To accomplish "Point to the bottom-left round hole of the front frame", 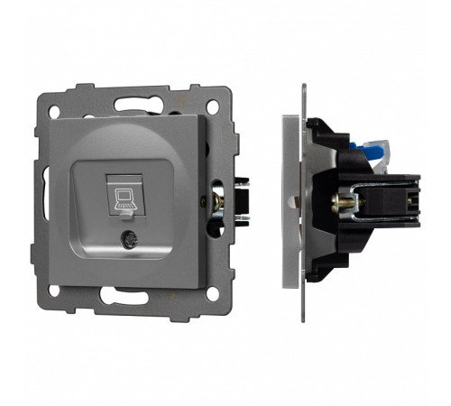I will [x=55, y=291].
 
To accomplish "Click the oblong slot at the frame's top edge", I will [x=134, y=98].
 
